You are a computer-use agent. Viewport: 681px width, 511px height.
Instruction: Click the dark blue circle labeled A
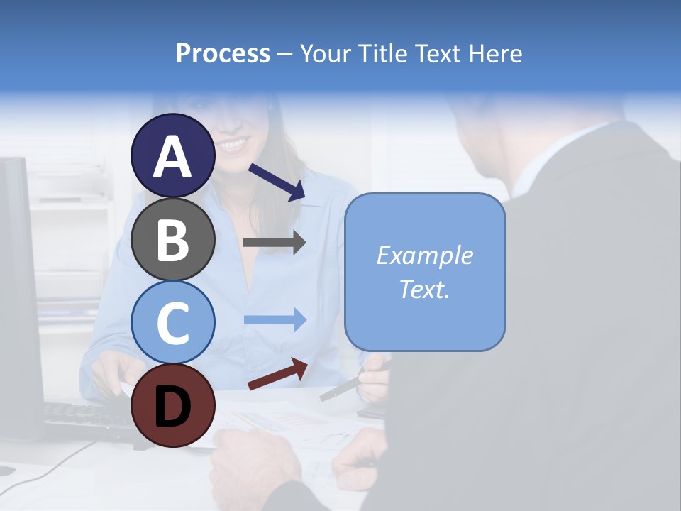coord(173,156)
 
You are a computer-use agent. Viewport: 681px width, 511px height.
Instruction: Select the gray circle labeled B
coord(173,239)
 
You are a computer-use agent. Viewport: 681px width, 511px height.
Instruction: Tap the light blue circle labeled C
coord(173,322)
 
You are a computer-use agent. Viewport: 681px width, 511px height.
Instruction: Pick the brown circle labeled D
coord(173,405)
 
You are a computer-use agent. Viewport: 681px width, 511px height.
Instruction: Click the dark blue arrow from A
coord(277,182)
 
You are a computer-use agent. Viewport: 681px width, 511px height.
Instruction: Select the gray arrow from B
coord(275,243)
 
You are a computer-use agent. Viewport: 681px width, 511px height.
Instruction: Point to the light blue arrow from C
coord(275,320)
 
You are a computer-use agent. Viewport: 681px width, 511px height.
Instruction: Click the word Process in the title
coord(223,54)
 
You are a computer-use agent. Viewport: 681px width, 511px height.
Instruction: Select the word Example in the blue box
coord(424,255)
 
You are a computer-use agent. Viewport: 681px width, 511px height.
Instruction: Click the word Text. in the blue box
coord(424,290)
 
